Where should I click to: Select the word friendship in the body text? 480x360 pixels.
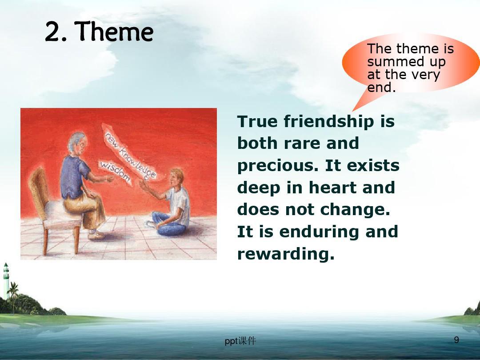[x=329, y=122]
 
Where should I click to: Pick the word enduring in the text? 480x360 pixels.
[x=320, y=232]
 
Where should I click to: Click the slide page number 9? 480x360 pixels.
[x=456, y=340]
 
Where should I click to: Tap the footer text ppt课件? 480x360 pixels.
[x=240, y=341]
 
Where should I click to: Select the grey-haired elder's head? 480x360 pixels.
[x=78, y=144]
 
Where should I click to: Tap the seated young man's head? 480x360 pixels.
[x=176, y=177]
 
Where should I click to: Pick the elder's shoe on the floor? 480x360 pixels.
[x=96, y=235]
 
